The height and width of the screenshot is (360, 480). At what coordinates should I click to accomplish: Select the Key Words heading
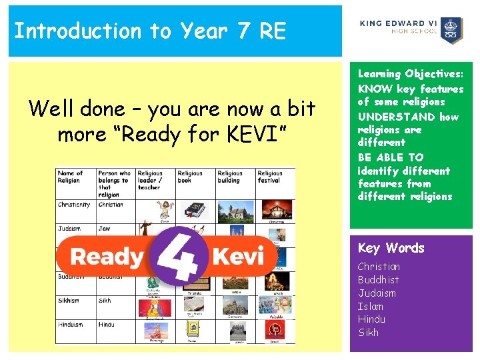[x=391, y=248]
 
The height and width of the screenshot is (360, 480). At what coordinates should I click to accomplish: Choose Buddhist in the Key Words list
[x=378, y=280]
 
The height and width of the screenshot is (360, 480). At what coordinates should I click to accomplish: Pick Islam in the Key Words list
[x=371, y=306]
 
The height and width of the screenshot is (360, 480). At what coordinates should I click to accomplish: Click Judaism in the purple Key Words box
[x=377, y=293]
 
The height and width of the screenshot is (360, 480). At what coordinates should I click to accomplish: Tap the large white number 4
[x=175, y=255]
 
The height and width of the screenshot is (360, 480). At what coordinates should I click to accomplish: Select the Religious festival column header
[x=270, y=177]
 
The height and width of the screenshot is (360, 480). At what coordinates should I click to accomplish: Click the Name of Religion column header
[x=71, y=177]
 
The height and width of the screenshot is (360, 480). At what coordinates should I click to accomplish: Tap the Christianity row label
[x=73, y=205]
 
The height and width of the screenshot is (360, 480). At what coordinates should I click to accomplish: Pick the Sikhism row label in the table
[x=69, y=301]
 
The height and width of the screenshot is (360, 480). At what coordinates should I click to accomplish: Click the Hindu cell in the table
[x=107, y=325]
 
